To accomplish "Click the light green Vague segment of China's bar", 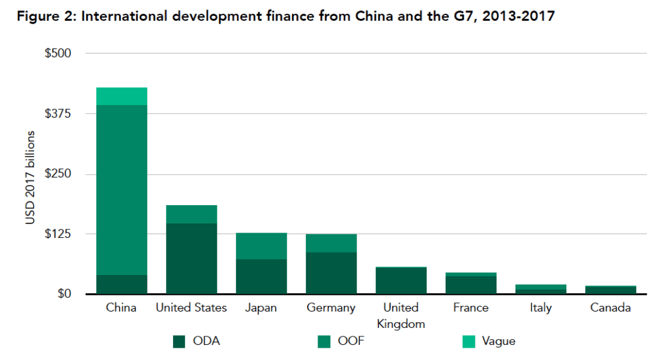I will [122, 96].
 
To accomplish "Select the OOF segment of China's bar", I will [122, 189].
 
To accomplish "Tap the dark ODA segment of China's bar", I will [122, 284].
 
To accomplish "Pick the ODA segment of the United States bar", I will [191, 259].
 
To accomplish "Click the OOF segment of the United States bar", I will [191, 214].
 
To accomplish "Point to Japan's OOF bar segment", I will [261, 246].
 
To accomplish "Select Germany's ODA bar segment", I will [331, 273].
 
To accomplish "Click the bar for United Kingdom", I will [401, 281].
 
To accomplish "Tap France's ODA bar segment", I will [471, 285].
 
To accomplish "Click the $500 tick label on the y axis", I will [57, 53].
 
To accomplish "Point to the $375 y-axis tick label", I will [57, 113].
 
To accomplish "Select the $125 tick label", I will [57, 234].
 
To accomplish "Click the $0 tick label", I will [63, 294].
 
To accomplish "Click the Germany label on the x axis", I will [331, 308].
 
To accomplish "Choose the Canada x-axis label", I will [610, 308].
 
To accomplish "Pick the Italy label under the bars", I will [540, 308].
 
